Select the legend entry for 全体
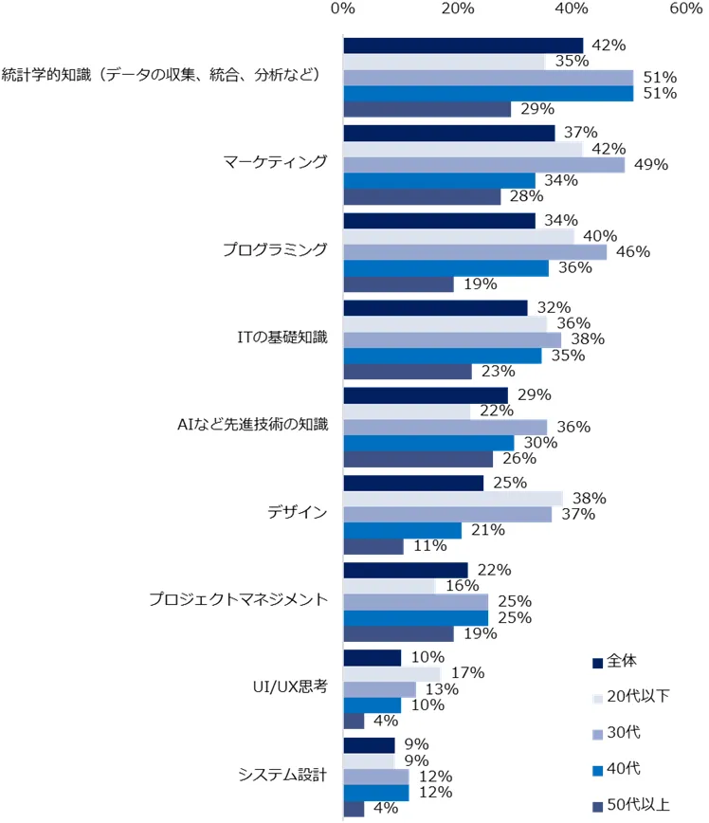[x=627, y=662]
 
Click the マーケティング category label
[x=275, y=161]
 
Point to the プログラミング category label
[x=275, y=249]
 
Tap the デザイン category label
[x=299, y=513]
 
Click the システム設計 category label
[x=283, y=775]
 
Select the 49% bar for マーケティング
[x=483, y=165]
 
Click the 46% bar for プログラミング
[x=475, y=252]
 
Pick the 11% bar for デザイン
[x=373, y=547]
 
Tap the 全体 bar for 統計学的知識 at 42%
[x=464, y=46]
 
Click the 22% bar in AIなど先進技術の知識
[x=407, y=411]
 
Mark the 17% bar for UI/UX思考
[x=391, y=673]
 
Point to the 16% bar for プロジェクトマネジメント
[x=389, y=586]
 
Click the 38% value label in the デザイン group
[x=588, y=499]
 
